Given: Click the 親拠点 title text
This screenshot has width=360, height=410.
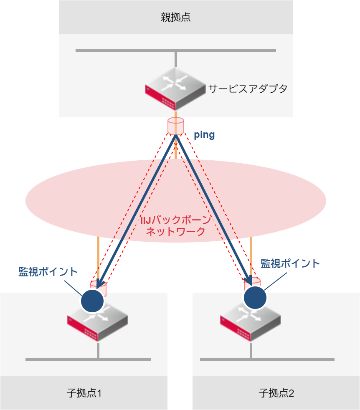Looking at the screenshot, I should click(x=175, y=17).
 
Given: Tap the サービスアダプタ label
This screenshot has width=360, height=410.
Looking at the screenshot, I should click(x=248, y=89).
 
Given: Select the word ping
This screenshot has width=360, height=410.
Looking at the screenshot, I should click(x=204, y=135).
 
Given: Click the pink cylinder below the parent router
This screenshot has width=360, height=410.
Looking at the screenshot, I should click(x=176, y=126).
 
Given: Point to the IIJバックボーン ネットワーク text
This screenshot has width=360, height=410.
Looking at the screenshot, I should click(x=175, y=226).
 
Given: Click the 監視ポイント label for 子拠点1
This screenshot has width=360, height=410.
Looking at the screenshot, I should click(x=48, y=271).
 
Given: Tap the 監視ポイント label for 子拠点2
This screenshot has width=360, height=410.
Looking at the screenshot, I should click(x=290, y=263).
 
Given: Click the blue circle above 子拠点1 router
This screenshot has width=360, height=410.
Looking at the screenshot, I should click(x=92, y=301).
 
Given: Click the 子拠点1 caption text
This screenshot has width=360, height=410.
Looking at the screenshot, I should click(x=84, y=393).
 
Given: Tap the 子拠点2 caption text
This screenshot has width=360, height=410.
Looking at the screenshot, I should click(x=276, y=393).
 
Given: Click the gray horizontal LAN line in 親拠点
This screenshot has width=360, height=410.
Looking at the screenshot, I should click(x=125, y=51).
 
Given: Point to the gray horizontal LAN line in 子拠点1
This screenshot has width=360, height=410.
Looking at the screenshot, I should click(x=50, y=359).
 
